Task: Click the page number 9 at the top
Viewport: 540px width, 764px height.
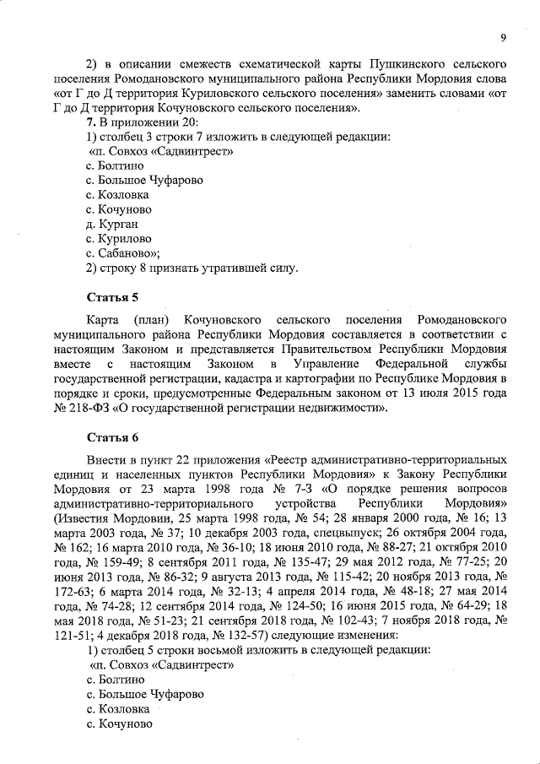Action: point(504,38)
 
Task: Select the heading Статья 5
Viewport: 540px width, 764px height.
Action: point(113,298)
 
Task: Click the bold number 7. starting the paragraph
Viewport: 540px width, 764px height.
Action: point(93,122)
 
